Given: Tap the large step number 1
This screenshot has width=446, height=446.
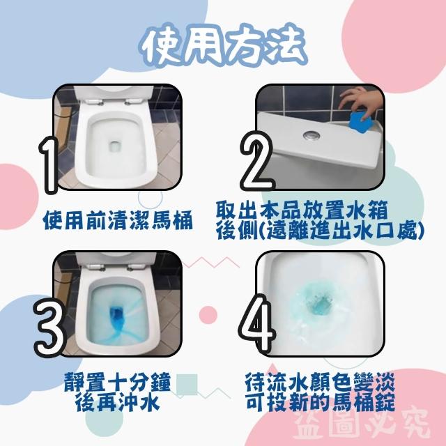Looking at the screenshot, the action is tap(49, 165).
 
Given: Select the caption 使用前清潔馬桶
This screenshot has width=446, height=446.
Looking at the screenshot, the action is tap(118, 220).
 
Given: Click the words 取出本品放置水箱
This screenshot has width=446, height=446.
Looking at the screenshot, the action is tap(302, 210).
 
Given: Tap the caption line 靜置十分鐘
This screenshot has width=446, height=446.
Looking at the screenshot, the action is tap(117, 382).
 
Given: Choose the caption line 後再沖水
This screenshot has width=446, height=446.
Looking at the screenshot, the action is tap(117, 401).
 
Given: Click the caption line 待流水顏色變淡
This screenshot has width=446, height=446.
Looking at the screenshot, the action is tap(320, 382).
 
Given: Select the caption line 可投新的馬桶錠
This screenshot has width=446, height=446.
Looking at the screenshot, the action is tap(320, 401).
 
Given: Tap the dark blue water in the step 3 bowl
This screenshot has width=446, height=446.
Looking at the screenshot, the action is tap(116, 316).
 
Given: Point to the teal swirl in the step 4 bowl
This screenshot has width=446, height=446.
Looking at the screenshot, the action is tap(316, 304).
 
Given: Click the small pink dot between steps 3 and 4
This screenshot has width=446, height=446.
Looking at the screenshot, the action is tap(208, 315).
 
